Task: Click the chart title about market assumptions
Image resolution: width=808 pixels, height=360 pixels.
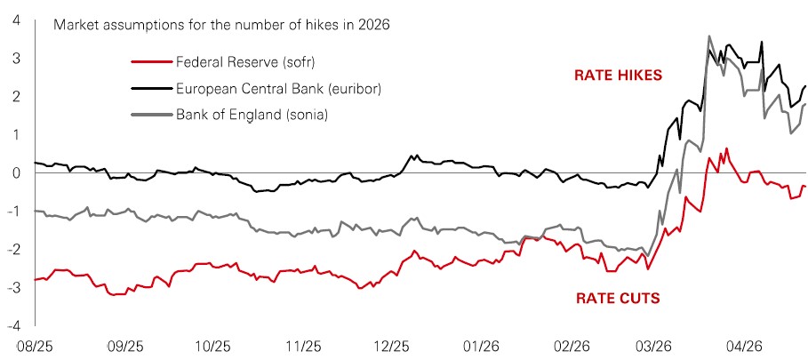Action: (221, 24)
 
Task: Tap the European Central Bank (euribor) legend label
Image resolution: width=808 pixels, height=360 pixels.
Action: (275, 89)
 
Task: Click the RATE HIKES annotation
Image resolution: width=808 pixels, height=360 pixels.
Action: (617, 76)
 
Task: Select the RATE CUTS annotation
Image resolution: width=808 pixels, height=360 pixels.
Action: (614, 298)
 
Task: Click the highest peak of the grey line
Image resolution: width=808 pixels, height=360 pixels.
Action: (708, 36)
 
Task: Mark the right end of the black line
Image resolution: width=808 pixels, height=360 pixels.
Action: (805, 86)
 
